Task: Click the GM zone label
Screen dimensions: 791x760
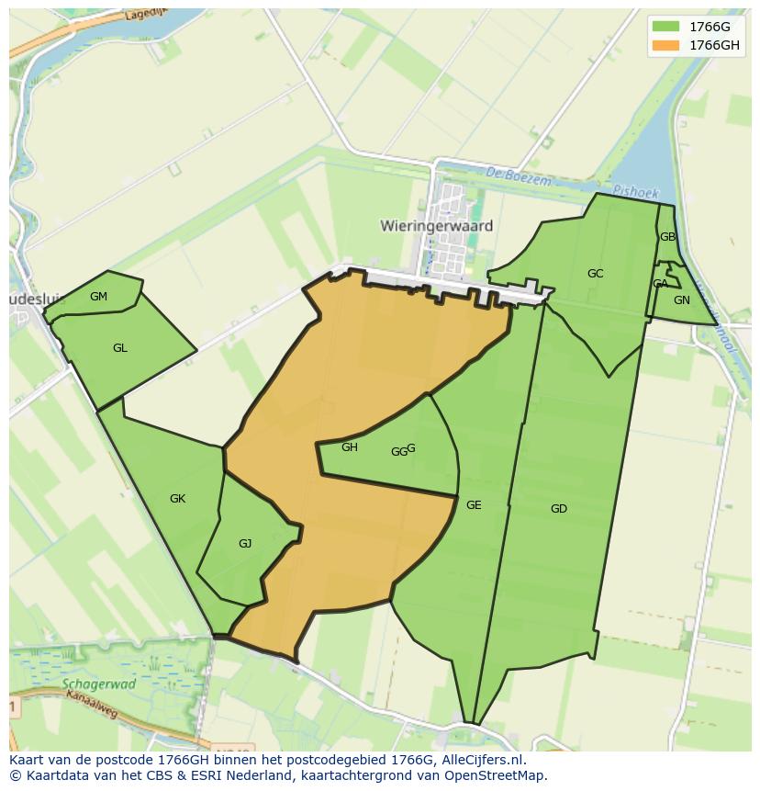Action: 99,297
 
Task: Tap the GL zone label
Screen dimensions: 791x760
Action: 120,348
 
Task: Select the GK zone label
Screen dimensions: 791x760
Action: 178,499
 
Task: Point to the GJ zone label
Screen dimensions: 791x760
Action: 245,544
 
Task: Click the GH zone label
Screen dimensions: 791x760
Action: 350,447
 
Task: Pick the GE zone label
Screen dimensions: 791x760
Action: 474,505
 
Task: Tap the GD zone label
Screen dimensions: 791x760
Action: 559,509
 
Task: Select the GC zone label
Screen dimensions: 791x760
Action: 596,274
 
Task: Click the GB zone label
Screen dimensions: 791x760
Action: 667,237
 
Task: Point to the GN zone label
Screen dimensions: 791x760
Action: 682,300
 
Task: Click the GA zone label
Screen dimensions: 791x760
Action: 660,284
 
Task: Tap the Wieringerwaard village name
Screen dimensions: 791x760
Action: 437,226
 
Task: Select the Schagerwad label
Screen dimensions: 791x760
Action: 99,684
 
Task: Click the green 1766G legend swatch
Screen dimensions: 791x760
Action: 666,26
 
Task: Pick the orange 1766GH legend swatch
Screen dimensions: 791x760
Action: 666,45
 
